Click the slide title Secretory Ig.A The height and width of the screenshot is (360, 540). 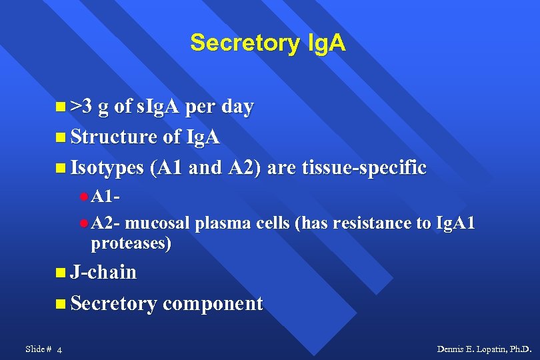tap(267, 43)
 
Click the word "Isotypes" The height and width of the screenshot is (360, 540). tap(107, 167)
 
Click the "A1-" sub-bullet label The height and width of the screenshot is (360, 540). tap(105, 197)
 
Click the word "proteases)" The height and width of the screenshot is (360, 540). tap(131, 244)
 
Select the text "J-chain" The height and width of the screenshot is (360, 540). tap(103, 272)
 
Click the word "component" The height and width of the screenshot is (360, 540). tap(213, 303)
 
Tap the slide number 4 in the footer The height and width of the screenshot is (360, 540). tap(60, 349)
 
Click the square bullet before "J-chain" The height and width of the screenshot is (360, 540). tap(61, 273)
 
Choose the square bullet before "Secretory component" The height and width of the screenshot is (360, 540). tap(61, 304)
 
